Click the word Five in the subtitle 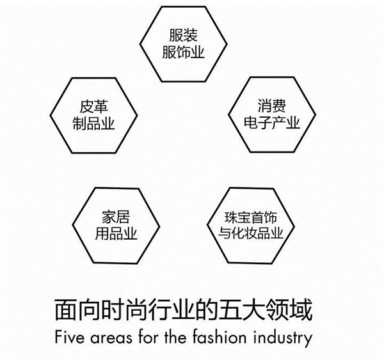point(70,337)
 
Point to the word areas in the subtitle point(111,338)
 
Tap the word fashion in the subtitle point(219,337)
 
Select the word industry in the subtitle point(283,338)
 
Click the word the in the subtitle point(175,337)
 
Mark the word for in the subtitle point(148,337)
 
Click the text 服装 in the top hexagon point(183,35)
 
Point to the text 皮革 point(93,106)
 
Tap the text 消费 point(271,106)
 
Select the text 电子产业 point(271,123)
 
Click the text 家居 point(116,217)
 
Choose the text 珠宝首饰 point(251,217)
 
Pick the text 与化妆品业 point(251,233)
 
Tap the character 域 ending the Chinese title point(301,310)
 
